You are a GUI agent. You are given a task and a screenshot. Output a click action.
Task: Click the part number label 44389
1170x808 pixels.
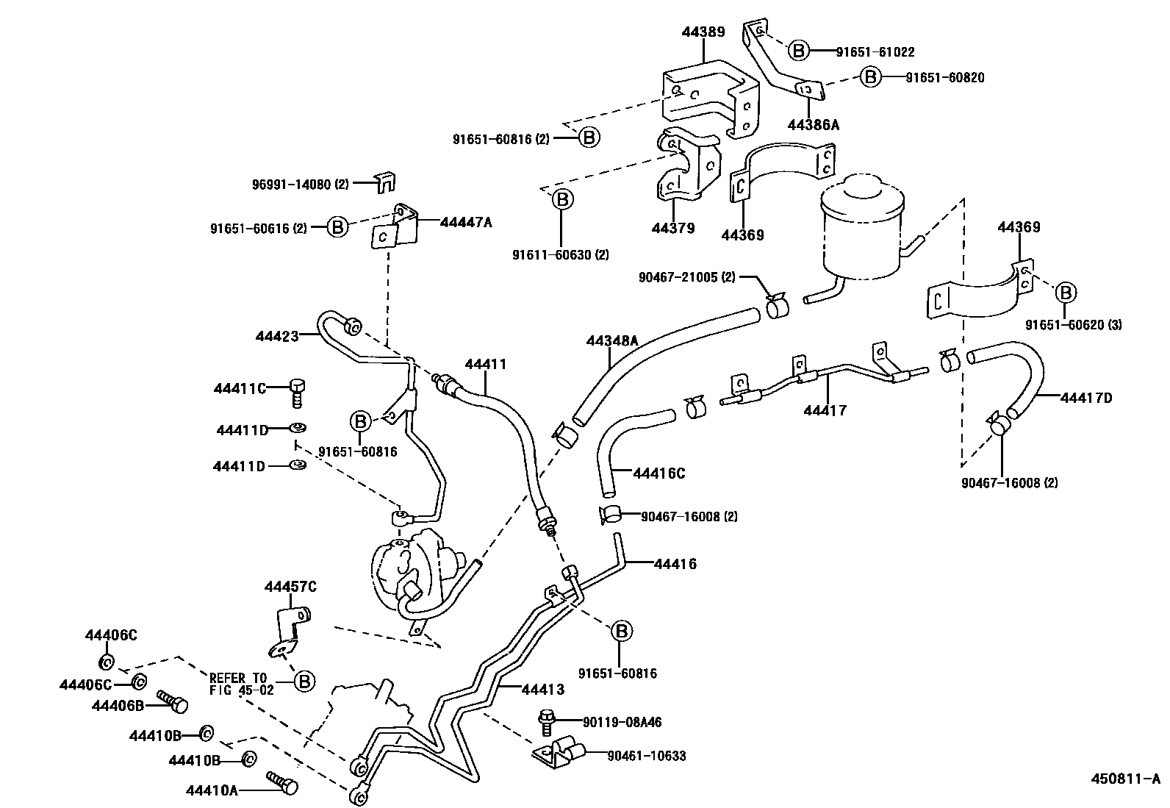[x=703, y=32]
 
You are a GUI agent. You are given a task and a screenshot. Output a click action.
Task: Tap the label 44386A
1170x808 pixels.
[x=813, y=125]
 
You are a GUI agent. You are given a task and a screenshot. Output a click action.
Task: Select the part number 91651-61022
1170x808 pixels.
[x=875, y=52]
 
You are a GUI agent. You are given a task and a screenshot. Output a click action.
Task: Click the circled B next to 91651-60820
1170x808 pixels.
[x=870, y=77]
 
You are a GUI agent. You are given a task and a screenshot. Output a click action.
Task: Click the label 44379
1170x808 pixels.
[x=672, y=229]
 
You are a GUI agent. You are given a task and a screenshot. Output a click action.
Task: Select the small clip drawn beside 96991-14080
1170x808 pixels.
[x=384, y=182]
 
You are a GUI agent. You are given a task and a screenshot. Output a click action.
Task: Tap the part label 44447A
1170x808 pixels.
[x=465, y=221]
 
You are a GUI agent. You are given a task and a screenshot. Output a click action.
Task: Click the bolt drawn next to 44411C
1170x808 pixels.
[x=298, y=391]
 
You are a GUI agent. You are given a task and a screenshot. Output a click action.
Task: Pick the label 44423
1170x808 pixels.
[x=277, y=336]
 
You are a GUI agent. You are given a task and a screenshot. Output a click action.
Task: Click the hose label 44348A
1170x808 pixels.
[x=611, y=341]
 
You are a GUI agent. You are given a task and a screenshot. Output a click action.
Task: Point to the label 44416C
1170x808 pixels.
[x=658, y=473]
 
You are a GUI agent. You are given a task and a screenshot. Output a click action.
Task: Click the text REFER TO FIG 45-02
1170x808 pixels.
[x=241, y=684]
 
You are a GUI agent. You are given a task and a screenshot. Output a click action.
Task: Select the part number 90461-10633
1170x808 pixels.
[x=646, y=756]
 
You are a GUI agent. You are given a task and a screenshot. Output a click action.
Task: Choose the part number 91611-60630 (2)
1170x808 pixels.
[x=561, y=255]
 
